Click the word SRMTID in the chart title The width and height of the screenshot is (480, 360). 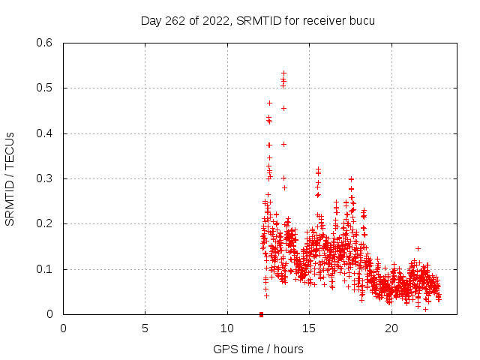(257, 21)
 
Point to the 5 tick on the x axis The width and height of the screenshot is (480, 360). (145, 328)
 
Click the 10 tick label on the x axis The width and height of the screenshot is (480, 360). (227, 328)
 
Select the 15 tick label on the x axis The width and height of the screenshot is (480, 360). (309, 328)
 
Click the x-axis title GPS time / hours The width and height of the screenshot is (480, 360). (258, 349)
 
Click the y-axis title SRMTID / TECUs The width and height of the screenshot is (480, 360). (10, 178)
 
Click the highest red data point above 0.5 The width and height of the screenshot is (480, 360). (283, 73)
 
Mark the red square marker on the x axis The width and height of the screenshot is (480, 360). (261, 314)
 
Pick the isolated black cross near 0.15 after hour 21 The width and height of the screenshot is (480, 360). (418, 248)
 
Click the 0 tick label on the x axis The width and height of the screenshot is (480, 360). (64, 328)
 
